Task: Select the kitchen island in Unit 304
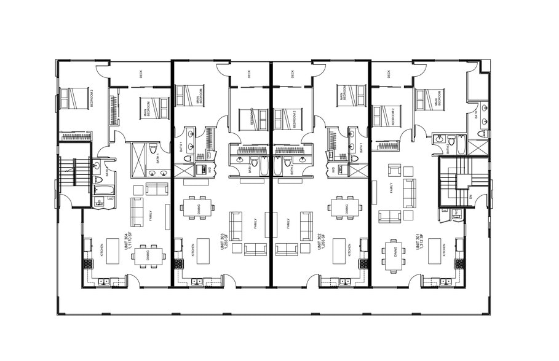click(113, 251)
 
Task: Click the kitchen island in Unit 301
click(435, 251)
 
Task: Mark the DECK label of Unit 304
click(141, 74)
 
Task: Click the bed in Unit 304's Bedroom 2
click(74, 98)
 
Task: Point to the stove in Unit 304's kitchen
click(87, 263)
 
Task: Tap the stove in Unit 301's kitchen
click(459, 263)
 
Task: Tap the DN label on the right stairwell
click(470, 196)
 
